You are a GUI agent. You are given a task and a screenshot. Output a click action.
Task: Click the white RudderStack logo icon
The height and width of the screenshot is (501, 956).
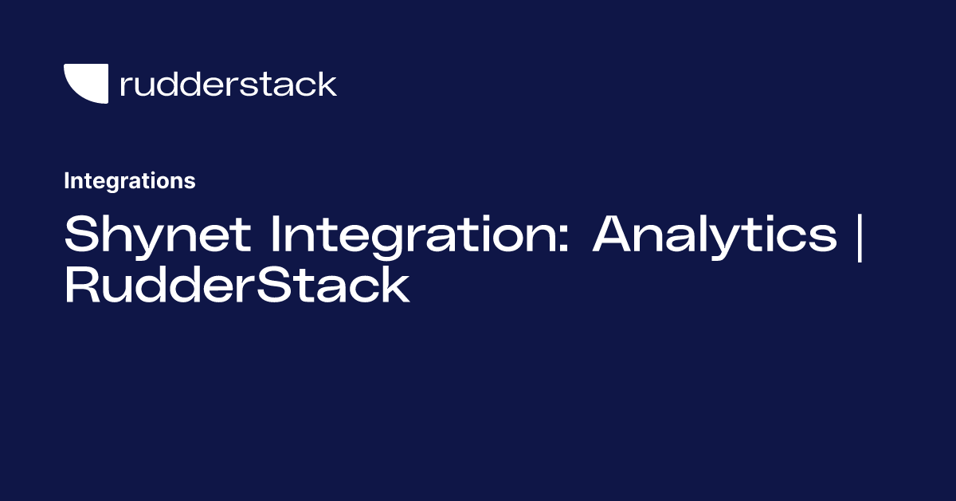pos(86,84)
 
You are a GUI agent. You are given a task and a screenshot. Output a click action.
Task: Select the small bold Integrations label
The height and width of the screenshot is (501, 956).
pos(130,181)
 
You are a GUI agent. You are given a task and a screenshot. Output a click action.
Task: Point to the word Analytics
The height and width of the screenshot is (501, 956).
pos(715,234)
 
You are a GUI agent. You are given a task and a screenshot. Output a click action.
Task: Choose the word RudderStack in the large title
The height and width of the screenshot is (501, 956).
pos(237,286)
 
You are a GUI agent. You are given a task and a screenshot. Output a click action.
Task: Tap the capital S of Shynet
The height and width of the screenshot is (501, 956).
pos(80,234)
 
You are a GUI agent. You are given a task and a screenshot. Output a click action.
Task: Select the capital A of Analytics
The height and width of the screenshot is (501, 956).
pos(615,234)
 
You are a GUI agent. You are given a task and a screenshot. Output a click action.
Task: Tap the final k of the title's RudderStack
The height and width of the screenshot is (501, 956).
pos(394,286)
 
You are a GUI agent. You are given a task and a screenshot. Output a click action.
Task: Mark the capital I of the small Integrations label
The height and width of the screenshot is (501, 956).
pos(67,181)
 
